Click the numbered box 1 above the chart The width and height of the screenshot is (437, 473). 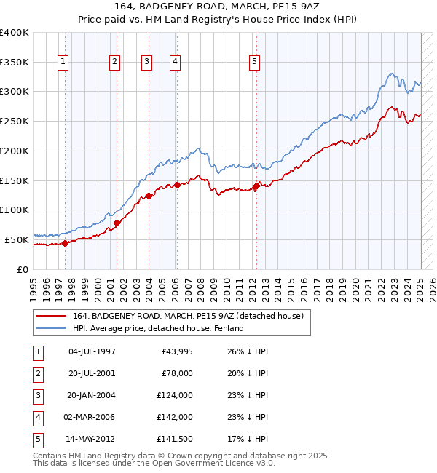pos(63,63)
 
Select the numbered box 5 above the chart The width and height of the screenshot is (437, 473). pos(254,63)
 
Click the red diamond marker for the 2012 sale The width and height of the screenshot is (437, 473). pos(256,186)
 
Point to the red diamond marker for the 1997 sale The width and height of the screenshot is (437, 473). pos(65,243)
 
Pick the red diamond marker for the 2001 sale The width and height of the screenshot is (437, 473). pos(117,223)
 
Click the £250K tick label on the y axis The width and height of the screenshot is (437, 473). pos(15,121)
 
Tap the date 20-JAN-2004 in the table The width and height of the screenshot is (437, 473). pos(91,395)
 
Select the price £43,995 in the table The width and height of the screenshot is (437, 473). pos(173,351)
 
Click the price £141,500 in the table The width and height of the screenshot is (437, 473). pos(173,439)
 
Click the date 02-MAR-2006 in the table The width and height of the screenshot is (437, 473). pos(91,417)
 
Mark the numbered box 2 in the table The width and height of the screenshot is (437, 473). pos(37,373)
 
